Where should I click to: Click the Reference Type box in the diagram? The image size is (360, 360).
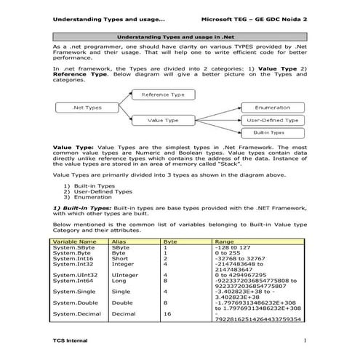coord(163,95)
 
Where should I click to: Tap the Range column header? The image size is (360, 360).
coord(225,241)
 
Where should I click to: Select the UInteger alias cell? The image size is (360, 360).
coord(125,275)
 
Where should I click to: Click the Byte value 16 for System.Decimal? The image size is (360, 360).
coord(168,313)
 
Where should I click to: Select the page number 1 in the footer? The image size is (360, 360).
coord(306,340)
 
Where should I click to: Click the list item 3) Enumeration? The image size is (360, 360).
coord(92,197)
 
